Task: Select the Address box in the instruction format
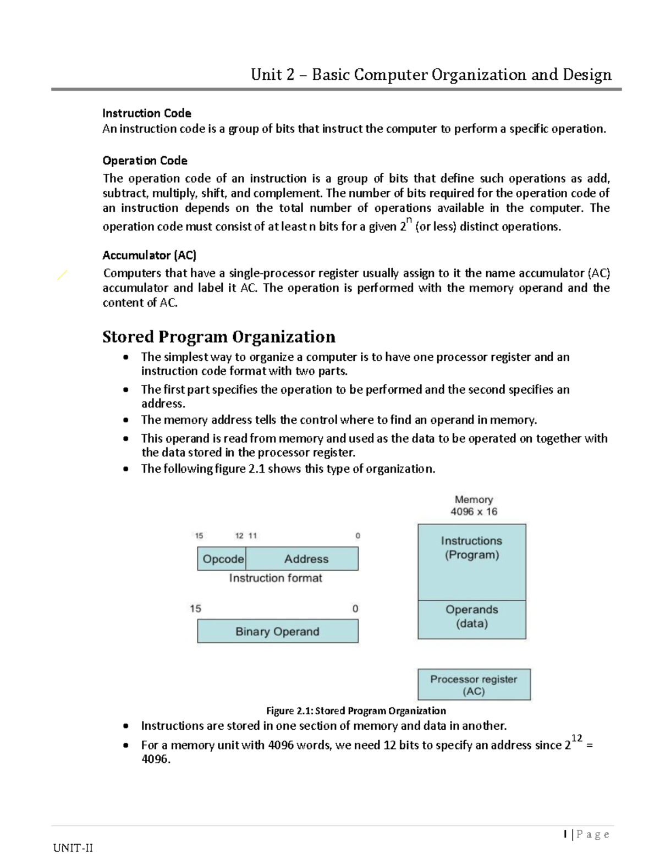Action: [306, 559]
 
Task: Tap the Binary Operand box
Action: [278, 631]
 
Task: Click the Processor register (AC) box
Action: [474, 685]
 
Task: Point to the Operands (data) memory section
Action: [472, 619]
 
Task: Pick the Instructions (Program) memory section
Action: [472, 561]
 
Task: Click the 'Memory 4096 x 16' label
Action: [474, 505]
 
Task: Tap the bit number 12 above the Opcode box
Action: [239, 536]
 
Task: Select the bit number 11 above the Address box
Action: [252, 536]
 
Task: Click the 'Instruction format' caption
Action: [276, 578]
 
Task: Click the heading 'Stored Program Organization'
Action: [218, 337]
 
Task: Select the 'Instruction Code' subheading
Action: [147, 113]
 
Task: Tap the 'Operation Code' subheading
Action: [145, 161]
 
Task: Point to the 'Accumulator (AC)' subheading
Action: [149, 255]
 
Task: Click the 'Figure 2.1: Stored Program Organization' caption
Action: [356, 710]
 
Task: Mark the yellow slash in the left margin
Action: [62, 275]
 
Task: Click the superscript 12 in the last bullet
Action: [576, 738]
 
